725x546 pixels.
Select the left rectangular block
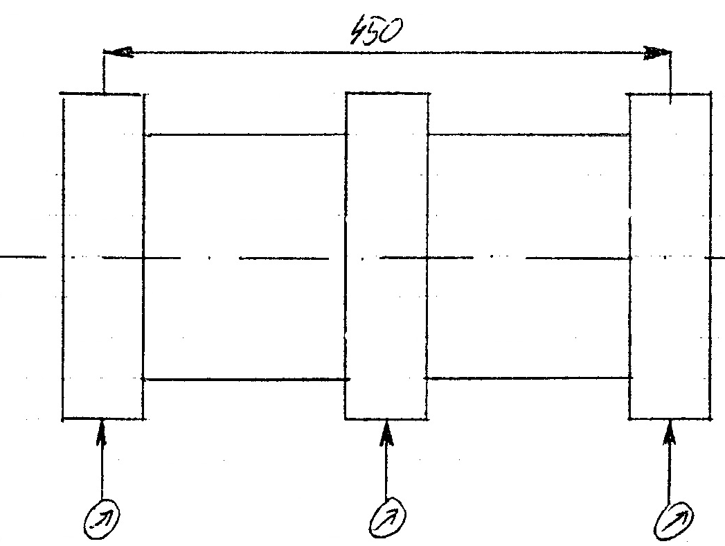tap(102, 256)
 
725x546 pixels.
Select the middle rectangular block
tap(386, 256)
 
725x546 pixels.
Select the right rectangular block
tap(670, 256)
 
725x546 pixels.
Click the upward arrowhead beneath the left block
tap(102, 430)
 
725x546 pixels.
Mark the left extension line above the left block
tap(103, 72)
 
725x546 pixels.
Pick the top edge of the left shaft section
tap(244, 134)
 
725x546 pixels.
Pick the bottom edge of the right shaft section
tap(528, 378)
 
